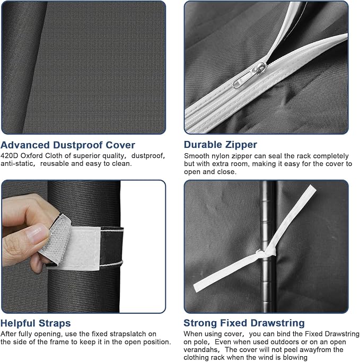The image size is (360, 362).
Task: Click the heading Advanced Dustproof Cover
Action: pyautogui.click(x=68, y=145)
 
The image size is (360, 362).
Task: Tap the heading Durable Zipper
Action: pyautogui.click(x=221, y=145)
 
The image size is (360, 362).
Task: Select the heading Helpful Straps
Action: pyautogui.click(x=36, y=323)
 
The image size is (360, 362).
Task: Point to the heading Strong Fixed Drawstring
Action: pyautogui.click(x=244, y=323)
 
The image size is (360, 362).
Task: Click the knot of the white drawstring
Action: pyautogui.click(x=266, y=253)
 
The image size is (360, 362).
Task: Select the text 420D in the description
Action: pyautogui.click(x=9, y=156)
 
